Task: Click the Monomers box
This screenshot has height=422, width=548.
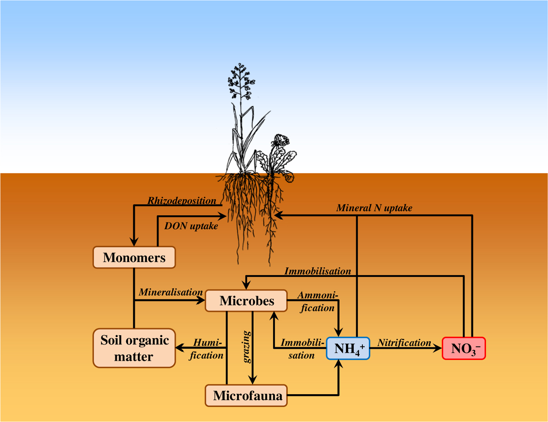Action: tap(134, 258)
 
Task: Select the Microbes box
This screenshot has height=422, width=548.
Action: tap(246, 301)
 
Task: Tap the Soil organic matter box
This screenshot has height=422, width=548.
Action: tap(134, 348)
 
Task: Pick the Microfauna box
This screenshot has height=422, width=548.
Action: tap(246, 395)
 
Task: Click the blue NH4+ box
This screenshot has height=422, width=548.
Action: tap(348, 348)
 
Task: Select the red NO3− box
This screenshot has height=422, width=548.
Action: tap(464, 348)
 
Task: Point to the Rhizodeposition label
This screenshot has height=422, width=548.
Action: tap(182, 201)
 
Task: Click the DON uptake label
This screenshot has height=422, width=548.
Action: tap(191, 226)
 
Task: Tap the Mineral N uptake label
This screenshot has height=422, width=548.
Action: tap(374, 208)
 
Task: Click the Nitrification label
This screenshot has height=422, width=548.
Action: tap(404, 343)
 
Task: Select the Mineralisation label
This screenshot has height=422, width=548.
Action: tap(171, 292)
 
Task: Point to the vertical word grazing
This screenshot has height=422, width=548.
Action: tap(247, 347)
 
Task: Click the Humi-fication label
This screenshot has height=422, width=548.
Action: tap(207, 349)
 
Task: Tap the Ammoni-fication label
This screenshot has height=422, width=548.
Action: tap(317, 301)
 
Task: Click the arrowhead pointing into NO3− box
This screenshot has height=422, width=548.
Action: tap(438, 348)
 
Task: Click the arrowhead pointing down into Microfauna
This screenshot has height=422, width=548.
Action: tap(252, 380)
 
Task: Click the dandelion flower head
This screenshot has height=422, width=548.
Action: tap(280, 140)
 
